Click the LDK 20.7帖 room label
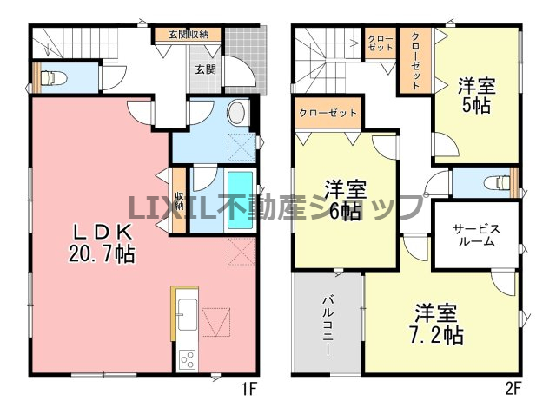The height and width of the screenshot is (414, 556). (x=102, y=243)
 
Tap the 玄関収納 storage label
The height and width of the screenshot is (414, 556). (x=189, y=35)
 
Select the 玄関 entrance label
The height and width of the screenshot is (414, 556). (x=206, y=69)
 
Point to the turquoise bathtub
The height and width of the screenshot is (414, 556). (x=240, y=200)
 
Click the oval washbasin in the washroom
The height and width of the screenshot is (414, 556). (x=236, y=113)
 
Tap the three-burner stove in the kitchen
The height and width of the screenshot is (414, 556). (x=188, y=359)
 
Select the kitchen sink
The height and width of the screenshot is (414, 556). (x=187, y=314)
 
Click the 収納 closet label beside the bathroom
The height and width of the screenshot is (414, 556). (x=179, y=200)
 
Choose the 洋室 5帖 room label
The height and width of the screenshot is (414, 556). (x=476, y=95)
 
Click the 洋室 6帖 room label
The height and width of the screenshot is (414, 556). (x=346, y=200)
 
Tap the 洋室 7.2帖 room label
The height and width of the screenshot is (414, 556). (x=436, y=324)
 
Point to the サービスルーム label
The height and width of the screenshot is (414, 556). (x=476, y=235)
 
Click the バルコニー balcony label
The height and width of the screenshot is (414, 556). (x=328, y=325)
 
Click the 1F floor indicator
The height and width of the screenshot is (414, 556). (x=249, y=390)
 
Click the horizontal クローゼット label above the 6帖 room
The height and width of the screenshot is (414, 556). (x=328, y=113)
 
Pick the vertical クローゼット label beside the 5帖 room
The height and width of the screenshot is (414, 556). (x=415, y=61)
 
